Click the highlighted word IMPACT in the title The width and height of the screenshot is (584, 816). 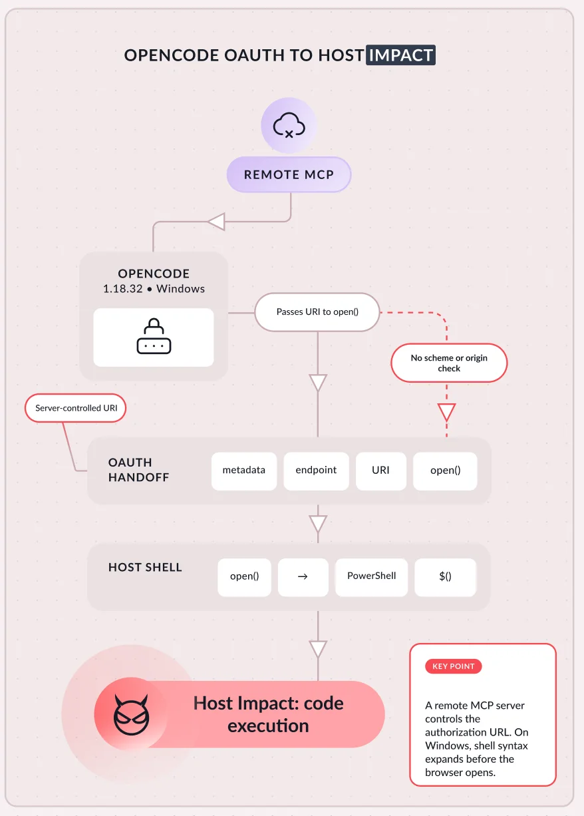coord(400,55)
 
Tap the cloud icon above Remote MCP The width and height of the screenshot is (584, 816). coord(289,125)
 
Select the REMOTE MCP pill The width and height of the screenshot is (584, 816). coord(289,174)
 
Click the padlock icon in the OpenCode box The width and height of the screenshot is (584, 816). coord(154,336)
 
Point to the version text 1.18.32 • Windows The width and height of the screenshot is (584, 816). coord(154,289)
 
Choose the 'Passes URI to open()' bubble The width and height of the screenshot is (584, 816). coord(317,312)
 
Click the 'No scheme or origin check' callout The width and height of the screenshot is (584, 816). coord(449,363)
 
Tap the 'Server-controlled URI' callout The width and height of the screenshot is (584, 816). coord(76,408)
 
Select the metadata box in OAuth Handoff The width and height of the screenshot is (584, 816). coord(244,471)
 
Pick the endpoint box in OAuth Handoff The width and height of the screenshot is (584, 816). coord(316,471)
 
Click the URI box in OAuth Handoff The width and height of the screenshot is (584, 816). coord(381,471)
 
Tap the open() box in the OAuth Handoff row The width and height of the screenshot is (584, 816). coord(445,471)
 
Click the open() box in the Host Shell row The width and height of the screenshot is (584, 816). coord(244,577)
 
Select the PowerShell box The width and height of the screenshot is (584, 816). coord(371,577)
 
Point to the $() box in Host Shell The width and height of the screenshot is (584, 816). coord(445,577)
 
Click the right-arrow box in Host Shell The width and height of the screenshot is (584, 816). coord(303,577)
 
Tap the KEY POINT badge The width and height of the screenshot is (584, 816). coord(453,666)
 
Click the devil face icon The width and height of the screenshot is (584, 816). coord(132,715)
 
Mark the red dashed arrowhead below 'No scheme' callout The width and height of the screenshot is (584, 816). coord(447,412)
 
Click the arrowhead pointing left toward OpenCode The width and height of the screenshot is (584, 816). coord(216,222)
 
